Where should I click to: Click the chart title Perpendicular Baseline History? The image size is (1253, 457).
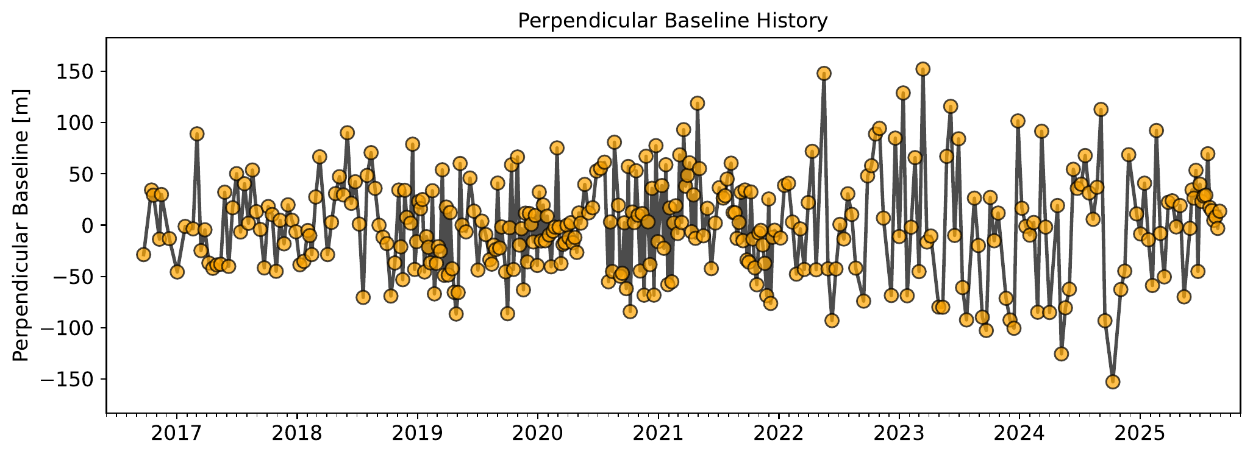coord(673,21)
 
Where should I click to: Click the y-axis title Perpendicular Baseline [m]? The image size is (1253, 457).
coord(21,225)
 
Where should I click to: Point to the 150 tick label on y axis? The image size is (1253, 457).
coord(75,71)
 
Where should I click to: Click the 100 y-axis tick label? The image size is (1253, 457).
coord(75,122)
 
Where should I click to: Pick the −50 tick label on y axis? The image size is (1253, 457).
coord(71,277)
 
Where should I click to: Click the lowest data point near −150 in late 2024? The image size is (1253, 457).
coord(1113,382)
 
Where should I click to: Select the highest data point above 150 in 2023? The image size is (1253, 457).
coord(923,69)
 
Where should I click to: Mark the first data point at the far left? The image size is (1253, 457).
coord(143,254)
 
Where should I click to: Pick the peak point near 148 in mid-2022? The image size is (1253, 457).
coord(824,74)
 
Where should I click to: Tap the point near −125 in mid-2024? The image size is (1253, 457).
coord(1062,354)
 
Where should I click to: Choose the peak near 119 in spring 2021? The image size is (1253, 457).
coord(698,103)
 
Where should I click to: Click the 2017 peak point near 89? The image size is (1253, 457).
coord(197,133)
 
